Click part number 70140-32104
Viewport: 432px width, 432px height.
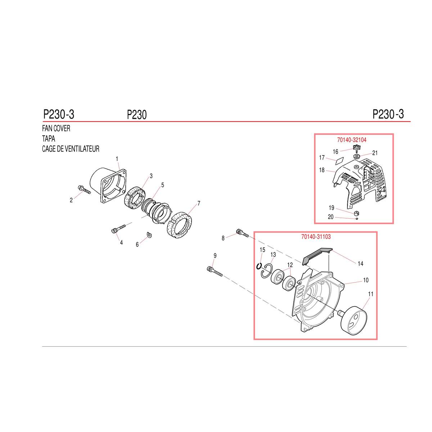coord(351,140)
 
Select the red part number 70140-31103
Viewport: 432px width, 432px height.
coord(316,237)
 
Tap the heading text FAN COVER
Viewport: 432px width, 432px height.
coord(56,129)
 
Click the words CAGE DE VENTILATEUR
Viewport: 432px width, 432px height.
coord(71,149)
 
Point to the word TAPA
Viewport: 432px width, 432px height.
coord(49,139)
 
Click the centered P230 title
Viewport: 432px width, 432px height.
coord(137,115)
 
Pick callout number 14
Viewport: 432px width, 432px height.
coord(360,264)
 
